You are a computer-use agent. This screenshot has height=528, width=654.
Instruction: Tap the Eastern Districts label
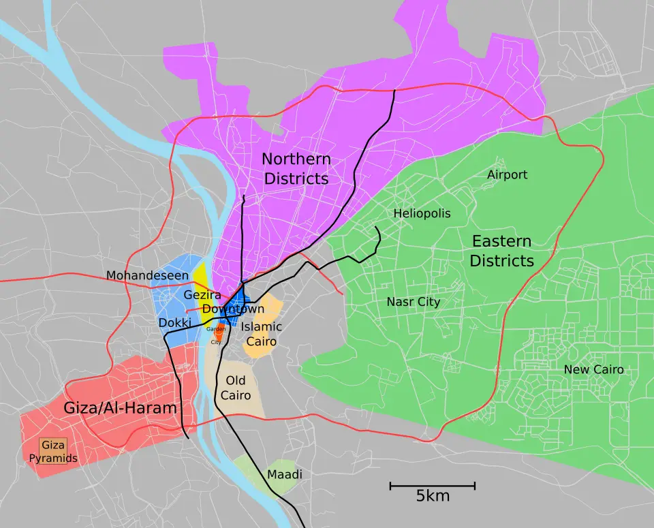point(501,251)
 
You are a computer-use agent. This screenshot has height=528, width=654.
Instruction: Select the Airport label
point(507,175)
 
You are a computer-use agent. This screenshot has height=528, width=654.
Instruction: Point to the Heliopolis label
point(422,213)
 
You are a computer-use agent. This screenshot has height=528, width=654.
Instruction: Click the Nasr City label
point(413,302)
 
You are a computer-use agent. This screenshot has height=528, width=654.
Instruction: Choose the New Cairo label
point(593,370)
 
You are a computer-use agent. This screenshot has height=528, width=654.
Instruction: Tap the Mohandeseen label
point(147,275)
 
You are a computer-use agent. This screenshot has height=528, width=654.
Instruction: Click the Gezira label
point(202,295)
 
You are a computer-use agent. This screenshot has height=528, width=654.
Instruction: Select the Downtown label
point(233,309)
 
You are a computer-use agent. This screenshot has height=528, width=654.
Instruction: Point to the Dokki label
point(175,322)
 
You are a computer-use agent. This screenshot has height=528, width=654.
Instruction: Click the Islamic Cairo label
point(261,334)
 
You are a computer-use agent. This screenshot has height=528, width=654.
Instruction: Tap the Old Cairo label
point(236,388)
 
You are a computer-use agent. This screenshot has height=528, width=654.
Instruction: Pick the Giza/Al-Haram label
point(120,408)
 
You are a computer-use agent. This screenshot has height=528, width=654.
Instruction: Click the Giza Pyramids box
point(53,451)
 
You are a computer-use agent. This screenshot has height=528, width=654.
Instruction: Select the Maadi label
point(284,474)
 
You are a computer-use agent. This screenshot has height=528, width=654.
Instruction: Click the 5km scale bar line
point(432,486)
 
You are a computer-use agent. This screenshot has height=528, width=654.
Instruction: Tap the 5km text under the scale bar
point(433,496)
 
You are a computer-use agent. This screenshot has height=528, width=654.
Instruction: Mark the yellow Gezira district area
point(199,276)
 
